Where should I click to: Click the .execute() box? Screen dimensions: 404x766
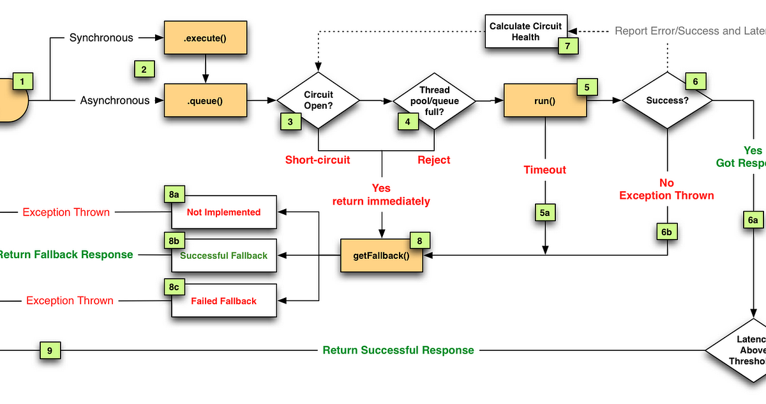[x=204, y=38]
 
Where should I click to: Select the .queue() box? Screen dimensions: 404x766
[x=204, y=100]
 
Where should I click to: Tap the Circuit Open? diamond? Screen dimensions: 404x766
[x=318, y=100]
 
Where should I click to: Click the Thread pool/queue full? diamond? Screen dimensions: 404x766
[x=434, y=100]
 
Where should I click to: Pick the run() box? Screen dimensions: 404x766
[x=544, y=100]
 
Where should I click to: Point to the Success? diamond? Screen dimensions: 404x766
[x=666, y=100]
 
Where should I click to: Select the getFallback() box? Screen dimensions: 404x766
[x=381, y=255]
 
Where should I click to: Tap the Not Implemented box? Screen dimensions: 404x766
[x=223, y=212]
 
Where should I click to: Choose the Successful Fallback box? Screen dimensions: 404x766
[x=223, y=256]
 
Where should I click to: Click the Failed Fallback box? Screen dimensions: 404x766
[x=223, y=300]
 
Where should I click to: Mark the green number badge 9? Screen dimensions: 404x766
[x=50, y=350]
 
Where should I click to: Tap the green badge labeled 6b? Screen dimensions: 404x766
[x=666, y=231]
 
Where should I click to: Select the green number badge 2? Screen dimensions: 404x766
[x=144, y=70]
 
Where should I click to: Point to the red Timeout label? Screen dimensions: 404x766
[x=544, y=170]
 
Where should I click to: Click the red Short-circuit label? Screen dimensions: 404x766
[x=317, y=160]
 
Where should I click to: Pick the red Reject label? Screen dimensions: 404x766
[x=433, y=160]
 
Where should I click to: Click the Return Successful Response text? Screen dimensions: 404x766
[x=398, y=350]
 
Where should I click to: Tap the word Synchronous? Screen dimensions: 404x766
[x=101, y=38]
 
